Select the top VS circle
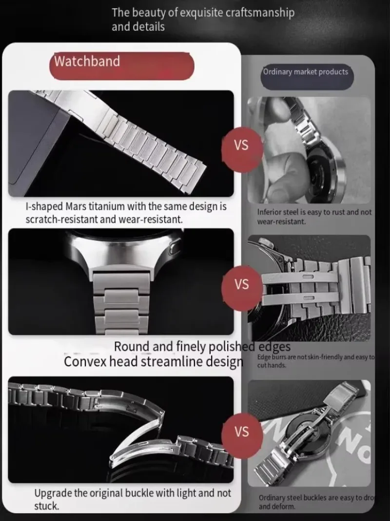pyautogui.click(x=241, y=145)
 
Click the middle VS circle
pyautogui.click(x=241, y=284)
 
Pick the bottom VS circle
pyautogui.click(x=241, y=432)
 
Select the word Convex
pyautogui.click(x=86, y=362)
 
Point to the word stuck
pyautogui.click(x=46, y=506)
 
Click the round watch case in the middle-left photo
pyautogui.click(x=122, y=244)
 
